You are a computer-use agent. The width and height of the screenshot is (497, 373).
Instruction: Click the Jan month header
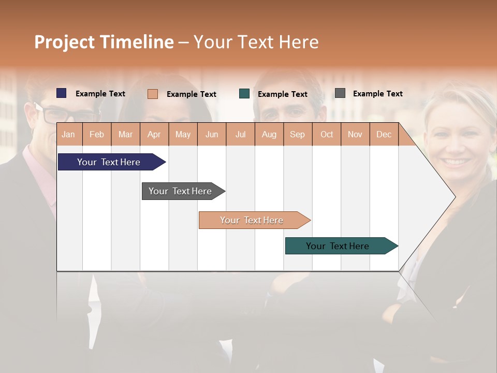pyautogui.click(x=68, y=134)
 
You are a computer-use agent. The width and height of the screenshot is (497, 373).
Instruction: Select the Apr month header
pyautogui.click(x=154, y=134)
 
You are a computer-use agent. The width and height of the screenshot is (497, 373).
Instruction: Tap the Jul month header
pyautogui.click(x=240, y=134)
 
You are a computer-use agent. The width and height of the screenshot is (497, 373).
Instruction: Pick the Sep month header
pyautogui.click(x=297, y=134)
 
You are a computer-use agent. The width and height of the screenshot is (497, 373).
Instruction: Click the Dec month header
pyautogui.click(x=384, y=134)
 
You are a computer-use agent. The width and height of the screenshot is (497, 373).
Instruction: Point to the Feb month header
pyautogui.click(x=97, y=134)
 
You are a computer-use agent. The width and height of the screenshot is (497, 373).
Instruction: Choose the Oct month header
pyautogui.click(x=327, y=134)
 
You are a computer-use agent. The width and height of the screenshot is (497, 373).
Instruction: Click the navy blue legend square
pyautogui.click(x=62, y=93)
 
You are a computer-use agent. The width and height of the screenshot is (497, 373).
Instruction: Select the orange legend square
pyautogui.click(x=153, y=94)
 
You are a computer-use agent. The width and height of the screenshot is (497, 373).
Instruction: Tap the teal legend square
pyautogui.click(x=244, y=94)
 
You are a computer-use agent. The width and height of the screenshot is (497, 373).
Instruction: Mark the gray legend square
pyautogui.click(x=340, y=93)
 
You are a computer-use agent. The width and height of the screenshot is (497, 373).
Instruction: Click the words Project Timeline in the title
pyautogui.click(x=104, y=42)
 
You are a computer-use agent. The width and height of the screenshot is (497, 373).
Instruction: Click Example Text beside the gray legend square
pyautogui.click(x=377, y=94)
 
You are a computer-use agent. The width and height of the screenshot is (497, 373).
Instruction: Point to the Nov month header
pyautogui.click(x=355, y=134)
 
